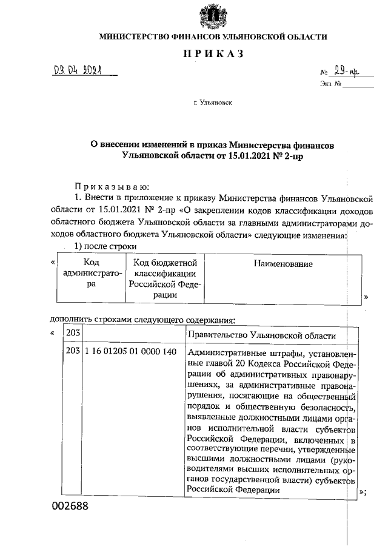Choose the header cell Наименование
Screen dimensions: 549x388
point(283,264)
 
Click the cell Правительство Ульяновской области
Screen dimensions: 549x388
point(262,335)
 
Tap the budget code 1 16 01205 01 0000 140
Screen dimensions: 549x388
point(130,352)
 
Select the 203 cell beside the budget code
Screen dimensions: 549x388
point(73,352)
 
